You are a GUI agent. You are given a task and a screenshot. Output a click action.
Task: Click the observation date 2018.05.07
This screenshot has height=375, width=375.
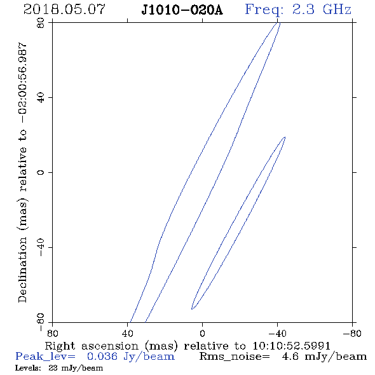pyautogui.click(x=64, y=10)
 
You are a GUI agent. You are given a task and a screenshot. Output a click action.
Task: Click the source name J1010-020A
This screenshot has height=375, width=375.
pyautogui.click(x=182, y=10)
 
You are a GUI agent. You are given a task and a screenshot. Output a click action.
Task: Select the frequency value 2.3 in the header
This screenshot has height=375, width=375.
pyautogui.click(x=303, y=10)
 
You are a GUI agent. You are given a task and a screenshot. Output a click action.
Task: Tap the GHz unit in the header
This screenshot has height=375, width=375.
pyautogui.click(x=337, y=10)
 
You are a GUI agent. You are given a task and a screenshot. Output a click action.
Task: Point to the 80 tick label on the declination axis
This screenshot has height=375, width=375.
pyautogui.click(x=41, y=23)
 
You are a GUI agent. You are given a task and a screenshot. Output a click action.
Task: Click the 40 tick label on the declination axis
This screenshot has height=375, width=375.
pyautogui.click(x=41, y=98)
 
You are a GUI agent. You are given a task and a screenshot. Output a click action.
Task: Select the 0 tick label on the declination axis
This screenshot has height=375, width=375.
pyautogui.click(x=41, y=172)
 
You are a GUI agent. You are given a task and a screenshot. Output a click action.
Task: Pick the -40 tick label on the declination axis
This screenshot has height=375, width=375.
pyautogui.click(x=41, y=247)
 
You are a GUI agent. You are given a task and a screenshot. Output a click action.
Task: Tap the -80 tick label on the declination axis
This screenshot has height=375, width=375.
pyautogui.click(x=41, y=322)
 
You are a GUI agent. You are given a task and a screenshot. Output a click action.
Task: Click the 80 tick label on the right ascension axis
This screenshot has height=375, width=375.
pyautogui.click(x=52, y=334)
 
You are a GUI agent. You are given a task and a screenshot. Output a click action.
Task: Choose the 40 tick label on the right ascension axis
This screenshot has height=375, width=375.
pyautogui.click(x=128, y=334)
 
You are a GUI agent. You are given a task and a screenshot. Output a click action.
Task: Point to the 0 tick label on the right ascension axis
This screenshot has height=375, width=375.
pyautogui.click(x=203, y=334)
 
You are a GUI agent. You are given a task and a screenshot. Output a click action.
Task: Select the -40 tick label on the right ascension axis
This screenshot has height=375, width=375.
pyautogui.click(x=277, y=334)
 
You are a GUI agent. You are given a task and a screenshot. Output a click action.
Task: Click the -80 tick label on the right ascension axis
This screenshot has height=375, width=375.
pyautogui.click(x=352, y=334)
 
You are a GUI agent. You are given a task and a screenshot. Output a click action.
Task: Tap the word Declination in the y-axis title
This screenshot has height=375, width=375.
pyautogui.click(x=22, y=270)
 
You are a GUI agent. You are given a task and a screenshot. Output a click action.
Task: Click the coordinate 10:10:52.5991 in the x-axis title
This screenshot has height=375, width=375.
pyautogui.click(x=291, y=346)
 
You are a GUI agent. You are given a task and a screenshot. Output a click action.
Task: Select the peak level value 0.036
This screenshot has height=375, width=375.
pyautogui.click(x=102, y=357)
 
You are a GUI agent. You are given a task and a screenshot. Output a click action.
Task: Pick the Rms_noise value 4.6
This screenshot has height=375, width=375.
pyautogui.click(x=290, y=357)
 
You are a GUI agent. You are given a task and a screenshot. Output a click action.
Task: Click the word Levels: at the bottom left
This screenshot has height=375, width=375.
pyautogui.click(x=28, y=368)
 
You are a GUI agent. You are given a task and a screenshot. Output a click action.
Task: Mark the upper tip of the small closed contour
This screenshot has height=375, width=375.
pyautogui.click(x=285, y=137)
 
